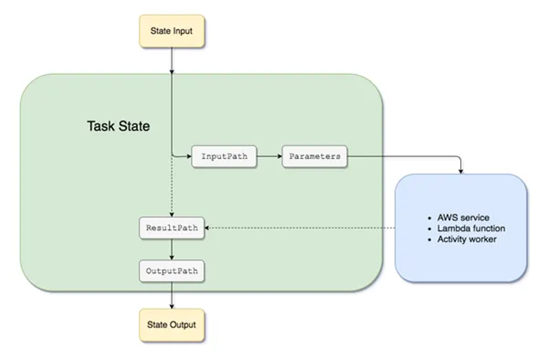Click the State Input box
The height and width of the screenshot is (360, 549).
[x=171, y=31]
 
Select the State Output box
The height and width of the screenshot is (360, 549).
[x=171, y=325]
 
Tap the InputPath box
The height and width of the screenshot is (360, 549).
[x=224, y=157]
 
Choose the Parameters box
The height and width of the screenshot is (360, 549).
[x=315, y=157]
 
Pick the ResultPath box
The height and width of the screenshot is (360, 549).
[x=171, y=228]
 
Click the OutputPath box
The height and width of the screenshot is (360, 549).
[x=171, y=271]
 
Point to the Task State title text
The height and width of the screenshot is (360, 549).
[x=118, y=126]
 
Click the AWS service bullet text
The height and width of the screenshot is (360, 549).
[x=463, y=217]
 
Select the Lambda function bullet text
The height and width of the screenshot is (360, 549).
[x=471, y=229]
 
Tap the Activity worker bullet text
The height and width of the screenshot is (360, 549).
[x=467, y=239]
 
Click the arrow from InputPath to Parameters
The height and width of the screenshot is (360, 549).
[x=270, y=157]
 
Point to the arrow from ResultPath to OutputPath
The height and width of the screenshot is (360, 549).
[x=171, y=250]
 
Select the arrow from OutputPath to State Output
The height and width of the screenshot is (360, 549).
[x=171, y=295]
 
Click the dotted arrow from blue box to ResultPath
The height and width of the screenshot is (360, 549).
[x=300, y=228]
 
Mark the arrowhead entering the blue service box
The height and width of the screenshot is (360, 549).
[x=461, y=171]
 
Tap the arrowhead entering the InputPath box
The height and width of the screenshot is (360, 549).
[x=189, y=157]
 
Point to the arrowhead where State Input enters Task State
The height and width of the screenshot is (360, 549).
[x=171, y=72]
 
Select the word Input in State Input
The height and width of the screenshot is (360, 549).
[x=182, y=31]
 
